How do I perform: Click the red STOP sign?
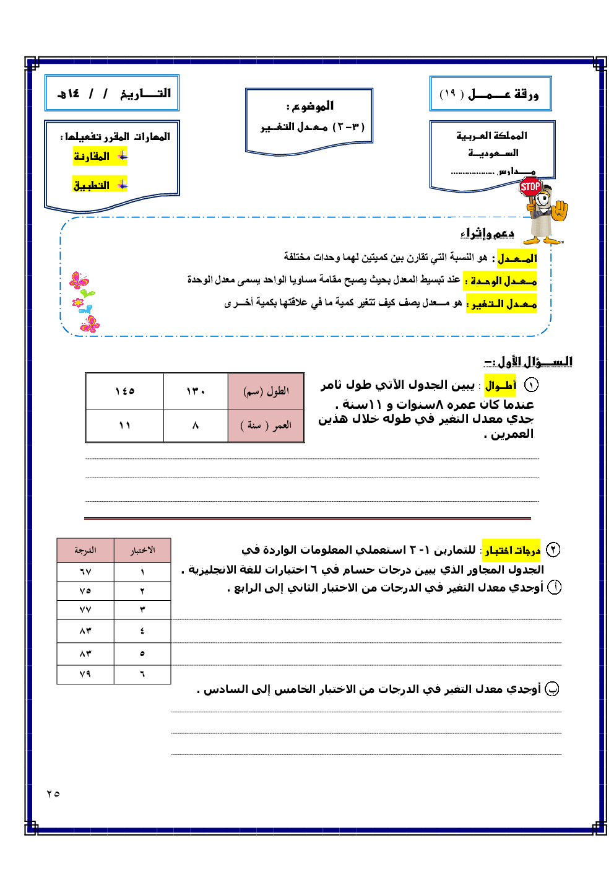[530, 186]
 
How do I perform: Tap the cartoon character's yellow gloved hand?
[560, 211]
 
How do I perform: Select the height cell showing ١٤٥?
[125, 391]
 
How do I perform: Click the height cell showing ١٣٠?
[196, 391]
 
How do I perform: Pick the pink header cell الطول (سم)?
[266, 391]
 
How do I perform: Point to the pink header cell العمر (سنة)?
[266, 426]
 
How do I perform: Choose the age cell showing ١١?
[125, 426]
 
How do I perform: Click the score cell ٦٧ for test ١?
[85, 572]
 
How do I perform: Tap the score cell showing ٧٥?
[85, 591]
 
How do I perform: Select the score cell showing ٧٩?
[85, 674]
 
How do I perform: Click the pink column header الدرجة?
[85, 550]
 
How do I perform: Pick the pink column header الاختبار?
[142, 550]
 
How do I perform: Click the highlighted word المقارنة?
[92, 157]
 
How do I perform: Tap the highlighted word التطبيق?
[92, 185]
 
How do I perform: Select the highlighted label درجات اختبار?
[512, 550]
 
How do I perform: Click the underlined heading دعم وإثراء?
[487, 234]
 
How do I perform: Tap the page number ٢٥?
[53, 793]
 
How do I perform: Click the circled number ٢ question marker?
[553, 549]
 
